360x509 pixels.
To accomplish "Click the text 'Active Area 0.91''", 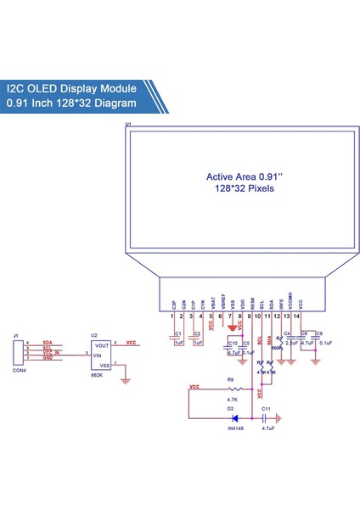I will click(240, 177).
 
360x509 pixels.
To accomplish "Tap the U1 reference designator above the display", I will click(128, 125).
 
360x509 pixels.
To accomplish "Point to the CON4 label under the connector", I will click(17, 371).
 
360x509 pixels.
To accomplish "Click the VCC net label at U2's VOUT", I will click(131, 343).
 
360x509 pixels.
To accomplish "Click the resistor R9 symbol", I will click(231, 390).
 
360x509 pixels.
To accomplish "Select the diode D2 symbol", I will click(233, 417).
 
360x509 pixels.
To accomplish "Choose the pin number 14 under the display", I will click(296, 316).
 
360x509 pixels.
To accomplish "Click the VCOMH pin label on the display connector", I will click(290, 299).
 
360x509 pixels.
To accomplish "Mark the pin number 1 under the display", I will click(172, 316).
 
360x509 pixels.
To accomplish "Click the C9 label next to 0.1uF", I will click(319, 333).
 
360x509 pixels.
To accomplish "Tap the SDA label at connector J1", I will click(47, 341).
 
